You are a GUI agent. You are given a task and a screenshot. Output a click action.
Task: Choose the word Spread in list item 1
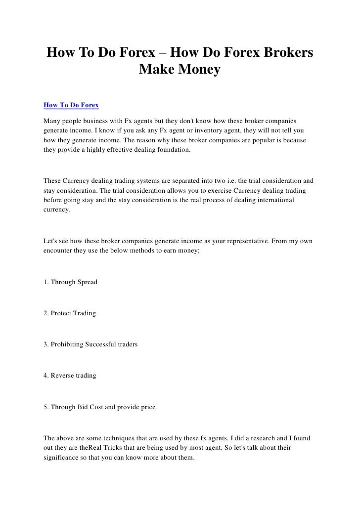87,282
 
